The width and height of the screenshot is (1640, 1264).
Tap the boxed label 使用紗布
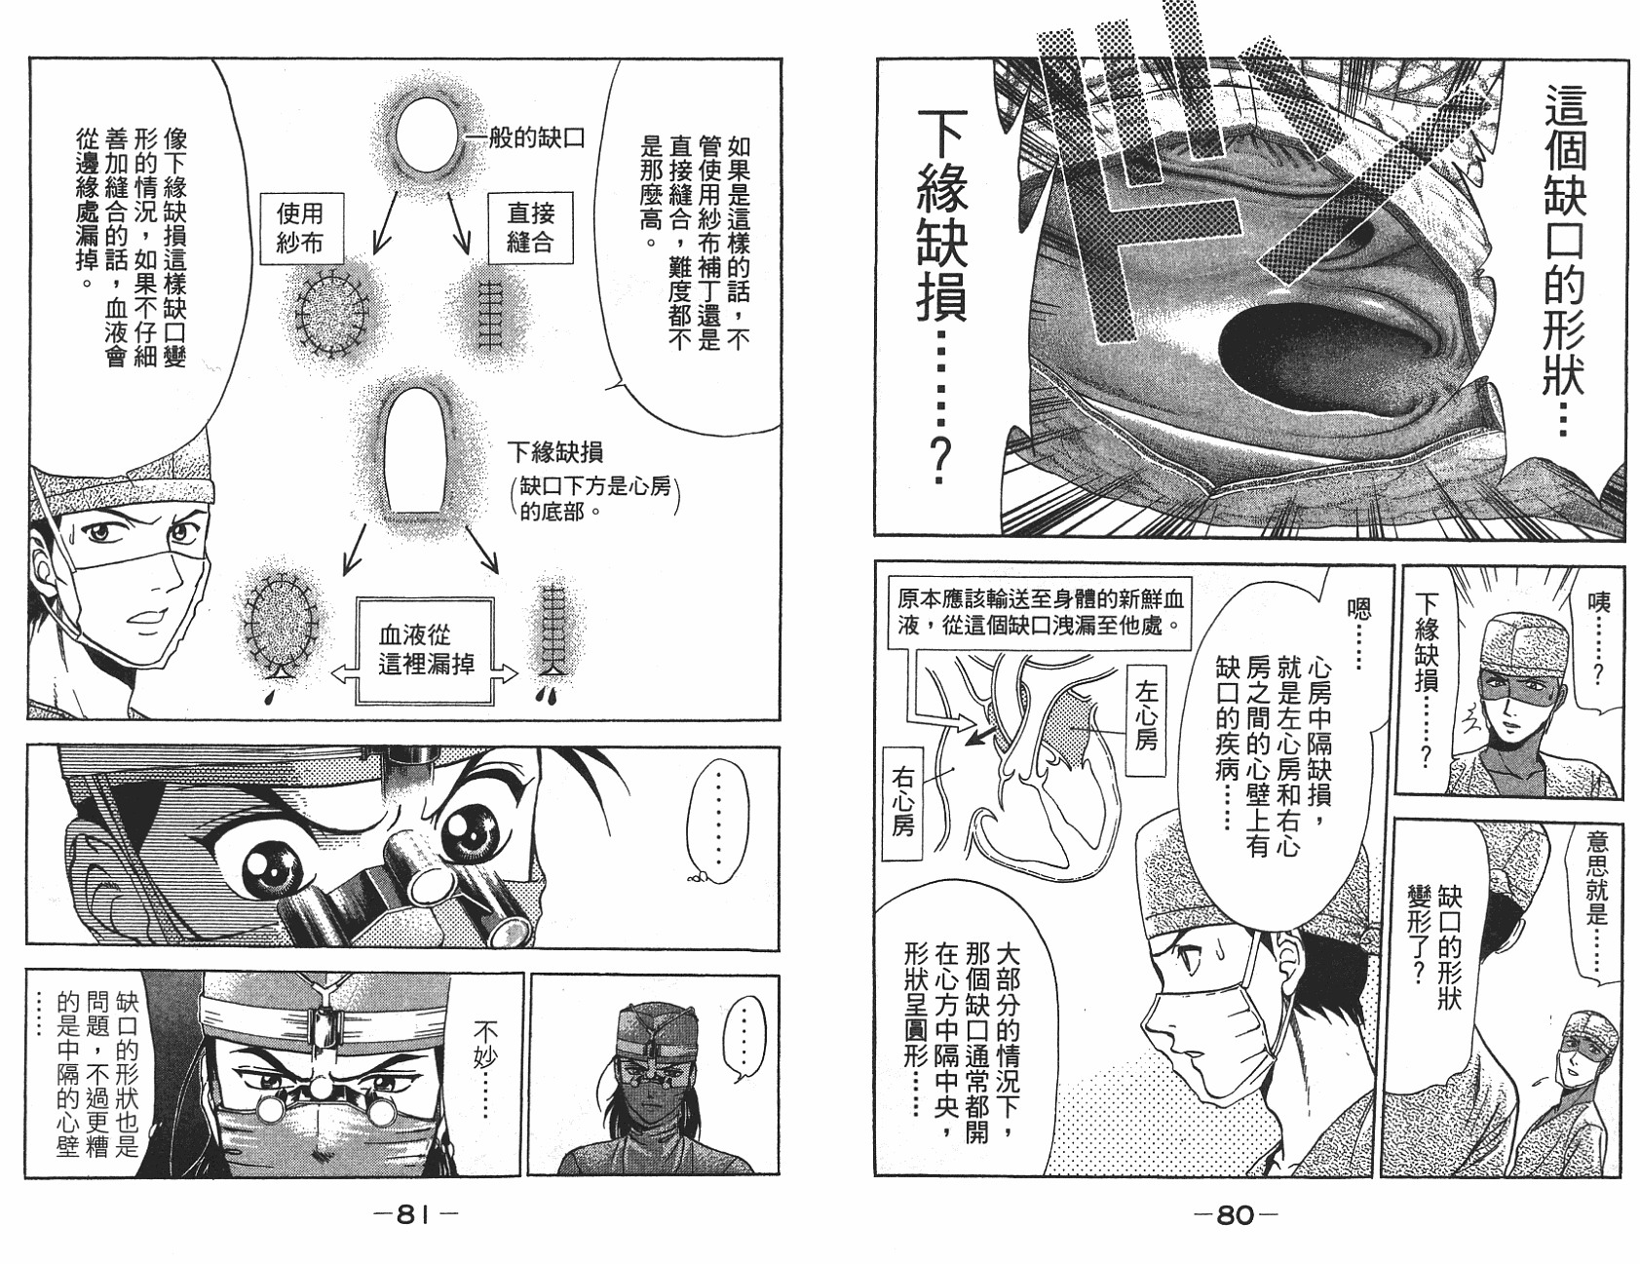coord(298,227)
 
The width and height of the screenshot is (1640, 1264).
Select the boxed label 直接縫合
coord(529,226)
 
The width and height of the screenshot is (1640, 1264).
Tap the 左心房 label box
coord(1146,721)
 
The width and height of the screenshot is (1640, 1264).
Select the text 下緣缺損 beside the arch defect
coord(554,451)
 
